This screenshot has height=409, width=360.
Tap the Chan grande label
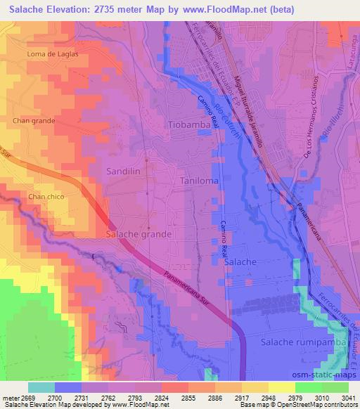coord(34,121)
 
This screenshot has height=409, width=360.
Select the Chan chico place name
coord(46,197)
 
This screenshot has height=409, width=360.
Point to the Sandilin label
coord(124,171)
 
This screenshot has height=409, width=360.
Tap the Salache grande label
coord(139,233)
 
